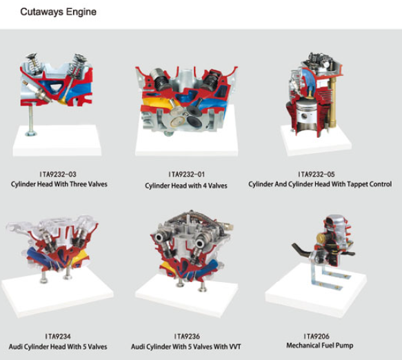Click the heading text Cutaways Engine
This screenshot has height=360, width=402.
(x=58, y=12)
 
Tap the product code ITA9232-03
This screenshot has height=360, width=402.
(x=58, y=174)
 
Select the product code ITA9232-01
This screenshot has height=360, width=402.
(x=186, y=174)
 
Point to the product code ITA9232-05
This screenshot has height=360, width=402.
(x=316, y=174)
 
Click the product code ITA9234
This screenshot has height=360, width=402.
(x=58, y=336)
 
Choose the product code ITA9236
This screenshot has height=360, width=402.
(x=187, y=336)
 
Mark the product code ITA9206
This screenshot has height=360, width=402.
(x=316, y=336)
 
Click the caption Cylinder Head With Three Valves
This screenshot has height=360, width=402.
(x=59, y=184)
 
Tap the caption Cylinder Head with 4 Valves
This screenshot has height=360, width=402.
(x=186, y=186)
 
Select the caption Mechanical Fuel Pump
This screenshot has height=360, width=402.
(x=320, y=346)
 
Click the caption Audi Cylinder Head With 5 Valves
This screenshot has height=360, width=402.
(x=58, y=347)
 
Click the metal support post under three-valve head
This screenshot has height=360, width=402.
(x=31, y=121)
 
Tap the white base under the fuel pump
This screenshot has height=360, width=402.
(x=316, y=292)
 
